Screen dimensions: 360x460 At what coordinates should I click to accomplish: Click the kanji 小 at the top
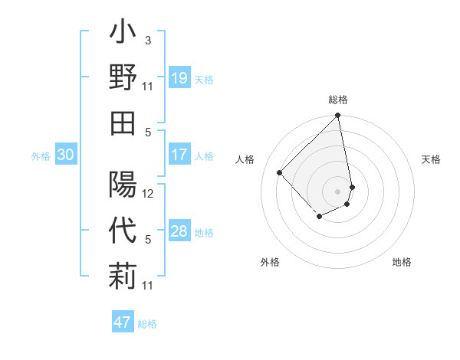[123, 35]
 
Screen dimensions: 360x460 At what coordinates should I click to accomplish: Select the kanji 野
[123, 78]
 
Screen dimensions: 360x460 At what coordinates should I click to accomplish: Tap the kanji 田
[123, 122]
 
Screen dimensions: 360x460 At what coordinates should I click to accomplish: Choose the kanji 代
[123, 231]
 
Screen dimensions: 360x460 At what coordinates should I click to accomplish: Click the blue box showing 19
[179, 77]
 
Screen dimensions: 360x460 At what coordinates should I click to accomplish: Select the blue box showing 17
[179, 154]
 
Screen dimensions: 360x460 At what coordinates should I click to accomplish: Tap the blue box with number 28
[179, 231]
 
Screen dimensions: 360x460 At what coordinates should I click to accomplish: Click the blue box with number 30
[65, 155]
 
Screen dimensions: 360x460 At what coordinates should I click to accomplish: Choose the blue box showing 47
[123, 322]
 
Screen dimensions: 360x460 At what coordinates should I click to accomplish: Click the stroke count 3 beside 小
[147, 40]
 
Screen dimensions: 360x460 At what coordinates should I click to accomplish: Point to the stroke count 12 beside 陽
[148, 193]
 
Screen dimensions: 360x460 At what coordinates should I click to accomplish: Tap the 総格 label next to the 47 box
[147, 324]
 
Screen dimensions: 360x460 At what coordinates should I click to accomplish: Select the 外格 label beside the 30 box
[41, 156]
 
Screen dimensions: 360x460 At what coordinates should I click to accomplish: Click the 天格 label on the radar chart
[431, 159]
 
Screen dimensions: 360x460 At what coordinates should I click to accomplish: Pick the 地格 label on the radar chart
[402, 263]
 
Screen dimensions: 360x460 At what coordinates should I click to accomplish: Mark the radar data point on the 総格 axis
[337, 116]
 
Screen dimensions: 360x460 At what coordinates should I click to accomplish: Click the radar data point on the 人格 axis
[280, 172]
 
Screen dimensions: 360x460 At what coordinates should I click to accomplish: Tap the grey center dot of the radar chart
[337, 191]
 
